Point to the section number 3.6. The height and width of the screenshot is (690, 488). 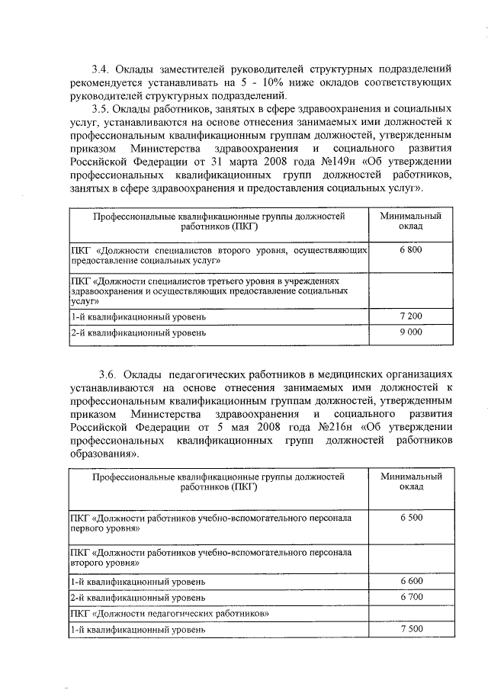(108, 375)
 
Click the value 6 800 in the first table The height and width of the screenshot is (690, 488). (411, 250)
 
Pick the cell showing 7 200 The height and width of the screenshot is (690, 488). (411, 316)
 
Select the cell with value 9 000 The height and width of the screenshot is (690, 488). (411, 332)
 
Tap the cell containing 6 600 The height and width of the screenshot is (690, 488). (411, 582)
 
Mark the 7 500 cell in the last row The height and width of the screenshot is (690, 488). (411, 629)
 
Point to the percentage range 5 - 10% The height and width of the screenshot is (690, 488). (261, 82)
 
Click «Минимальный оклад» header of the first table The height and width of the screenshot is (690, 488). (411, 221)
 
